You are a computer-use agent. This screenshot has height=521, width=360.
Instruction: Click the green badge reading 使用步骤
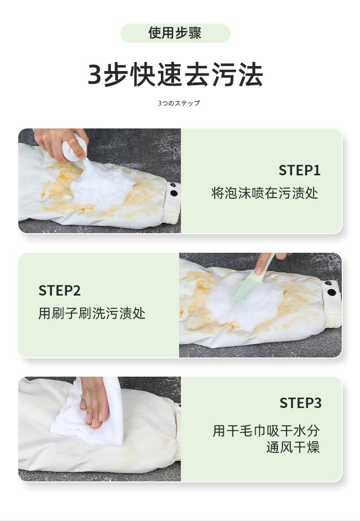[x=175, y=33]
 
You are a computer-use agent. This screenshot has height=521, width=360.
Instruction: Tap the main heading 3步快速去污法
[x=175, y=75]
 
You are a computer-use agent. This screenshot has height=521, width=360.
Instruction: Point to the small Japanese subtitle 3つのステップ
[x=179, y=103]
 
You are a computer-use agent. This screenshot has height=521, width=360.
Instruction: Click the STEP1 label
[x=299, y=170]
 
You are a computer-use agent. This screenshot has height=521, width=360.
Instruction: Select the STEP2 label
[x=60, y=291]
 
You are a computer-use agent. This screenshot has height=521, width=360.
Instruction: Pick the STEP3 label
[x=300, y=403]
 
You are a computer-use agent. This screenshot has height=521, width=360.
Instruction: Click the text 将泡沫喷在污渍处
[x=265, y=193]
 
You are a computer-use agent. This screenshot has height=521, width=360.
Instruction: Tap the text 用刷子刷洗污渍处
[x=92, y=313]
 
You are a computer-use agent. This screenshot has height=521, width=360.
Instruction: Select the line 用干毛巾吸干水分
[x=266, y=431]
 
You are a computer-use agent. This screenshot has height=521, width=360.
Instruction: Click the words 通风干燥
[x=293, y=447]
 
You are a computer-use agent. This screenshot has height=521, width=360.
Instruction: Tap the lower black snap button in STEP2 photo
[x=331, y=293]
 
